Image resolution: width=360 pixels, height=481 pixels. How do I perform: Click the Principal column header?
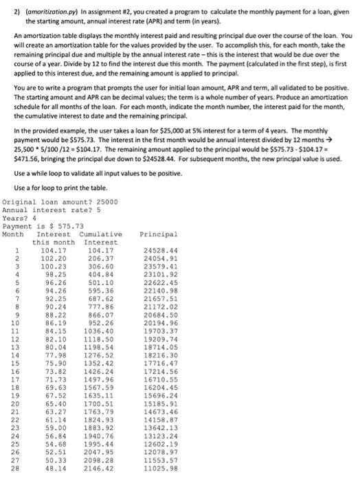(158, 234)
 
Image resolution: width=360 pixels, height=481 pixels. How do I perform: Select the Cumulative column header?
(102, 234)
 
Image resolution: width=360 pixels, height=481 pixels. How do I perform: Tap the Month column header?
(14, 234)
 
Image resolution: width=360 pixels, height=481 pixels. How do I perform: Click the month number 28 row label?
(13, 468)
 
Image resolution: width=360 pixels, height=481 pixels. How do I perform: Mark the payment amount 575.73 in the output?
(68, 226)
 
